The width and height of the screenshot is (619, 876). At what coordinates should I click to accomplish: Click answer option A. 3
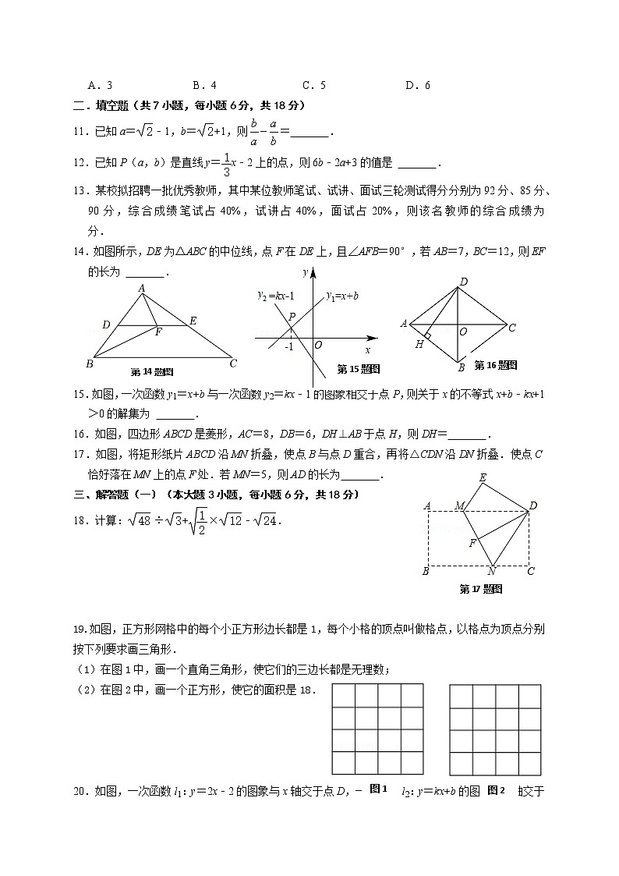pos(101,85)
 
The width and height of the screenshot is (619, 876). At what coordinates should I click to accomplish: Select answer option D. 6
pos(418,85)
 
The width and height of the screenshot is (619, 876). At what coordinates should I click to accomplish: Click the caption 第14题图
pos(152,371)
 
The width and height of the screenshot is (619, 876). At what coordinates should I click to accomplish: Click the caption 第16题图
pos(496,364)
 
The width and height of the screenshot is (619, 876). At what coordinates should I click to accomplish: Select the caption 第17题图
pos(481,589)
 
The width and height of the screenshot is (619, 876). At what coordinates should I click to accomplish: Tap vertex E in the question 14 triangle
pos(193,321)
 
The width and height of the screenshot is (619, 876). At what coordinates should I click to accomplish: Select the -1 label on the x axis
pos(288,346)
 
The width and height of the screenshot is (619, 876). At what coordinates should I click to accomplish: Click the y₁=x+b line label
pos(342,296)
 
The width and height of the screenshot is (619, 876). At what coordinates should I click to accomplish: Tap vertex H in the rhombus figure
pos(419,344)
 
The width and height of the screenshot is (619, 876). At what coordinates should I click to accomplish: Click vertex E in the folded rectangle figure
pos(483,477)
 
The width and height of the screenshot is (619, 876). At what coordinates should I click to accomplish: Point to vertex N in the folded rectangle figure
pos(492,572)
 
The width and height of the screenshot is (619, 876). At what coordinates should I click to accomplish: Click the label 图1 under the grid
pos(378,789)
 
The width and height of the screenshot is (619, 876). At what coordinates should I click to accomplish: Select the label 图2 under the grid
pos(497,790)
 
